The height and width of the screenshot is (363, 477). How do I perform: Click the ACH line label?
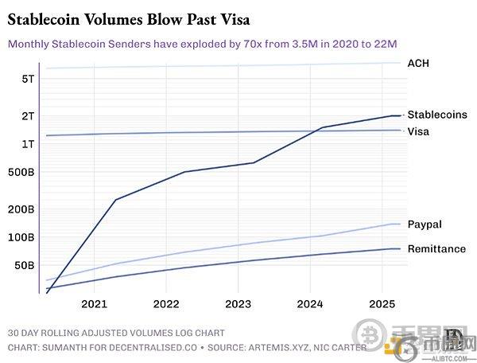418,63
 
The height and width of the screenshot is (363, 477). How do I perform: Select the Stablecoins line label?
436,115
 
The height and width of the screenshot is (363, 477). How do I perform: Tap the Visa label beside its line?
418,131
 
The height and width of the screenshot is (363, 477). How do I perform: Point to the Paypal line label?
424,224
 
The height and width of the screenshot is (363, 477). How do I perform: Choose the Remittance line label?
436,249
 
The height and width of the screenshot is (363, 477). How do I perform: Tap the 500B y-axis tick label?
21,172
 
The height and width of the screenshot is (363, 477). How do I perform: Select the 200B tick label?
21,209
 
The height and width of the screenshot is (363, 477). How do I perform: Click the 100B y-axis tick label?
21,237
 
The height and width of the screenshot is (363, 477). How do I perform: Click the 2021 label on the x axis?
95,304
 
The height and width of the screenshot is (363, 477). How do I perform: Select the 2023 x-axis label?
238,304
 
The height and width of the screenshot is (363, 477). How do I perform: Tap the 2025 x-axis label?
382,304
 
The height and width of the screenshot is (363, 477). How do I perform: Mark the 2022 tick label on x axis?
166,304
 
